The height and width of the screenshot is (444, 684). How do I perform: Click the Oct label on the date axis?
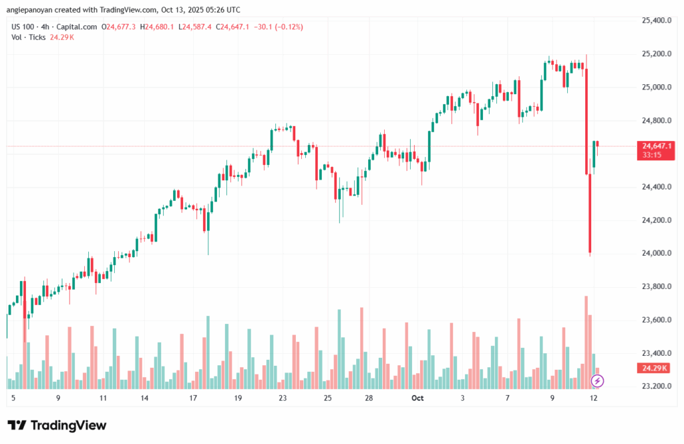(x=417, y=398)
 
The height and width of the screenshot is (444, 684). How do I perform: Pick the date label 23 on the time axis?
(x=283, y=398)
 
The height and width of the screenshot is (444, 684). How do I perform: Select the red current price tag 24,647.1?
(x=657, y=146)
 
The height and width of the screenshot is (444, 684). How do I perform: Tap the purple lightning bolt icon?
(x=598, y=381)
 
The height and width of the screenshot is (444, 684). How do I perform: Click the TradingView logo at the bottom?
(x=57, y=425)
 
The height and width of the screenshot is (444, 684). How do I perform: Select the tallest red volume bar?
(x=586, y=341)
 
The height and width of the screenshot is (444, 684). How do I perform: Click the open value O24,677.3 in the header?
(x=119, y=27)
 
